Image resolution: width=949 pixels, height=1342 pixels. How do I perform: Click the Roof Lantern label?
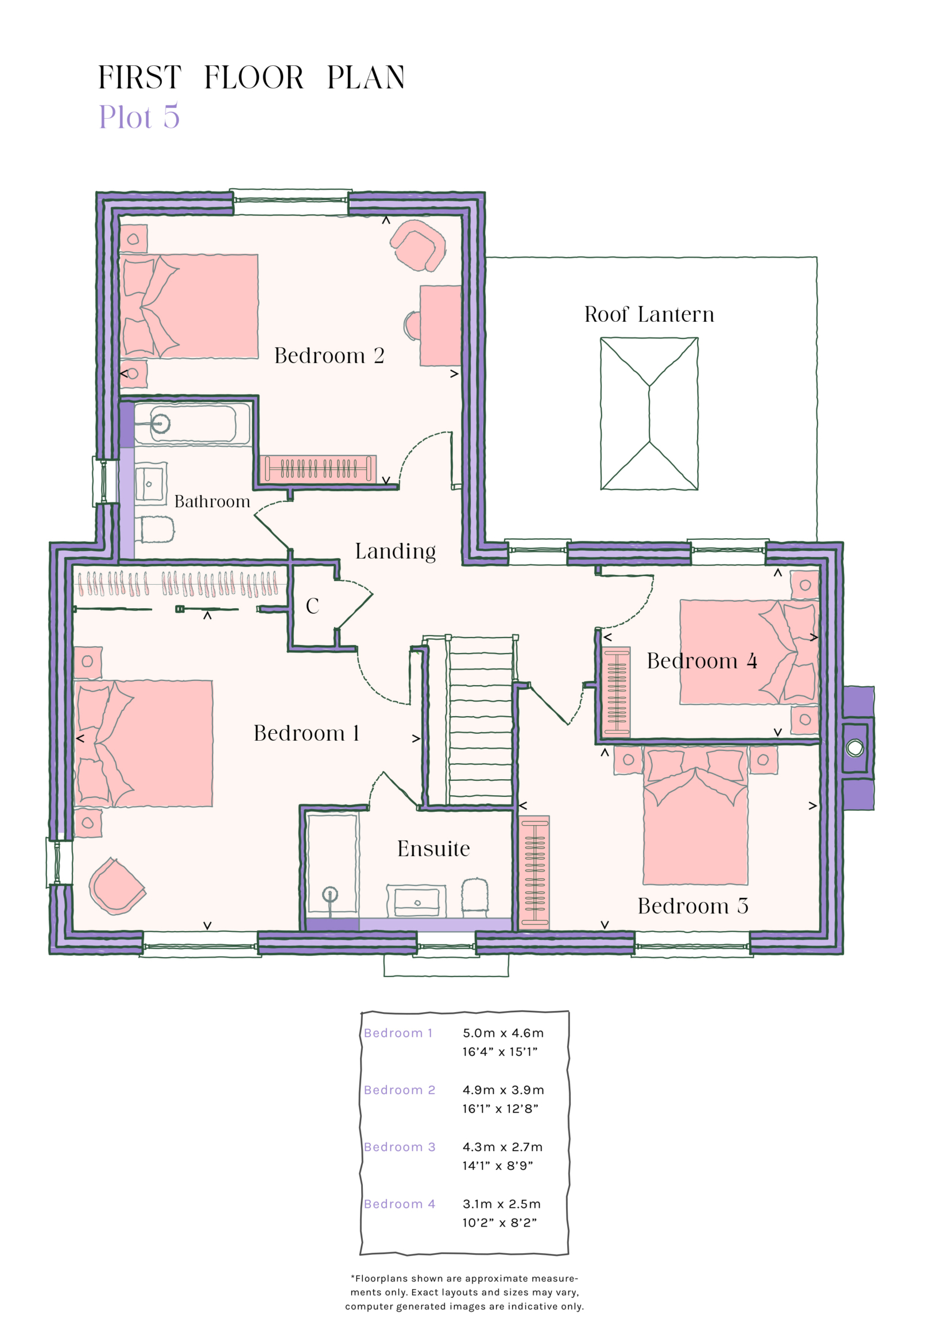pyautogui.click(x=649, y=315)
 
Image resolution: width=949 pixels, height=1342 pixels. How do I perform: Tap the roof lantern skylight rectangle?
pyautogui.click(x=649, y=413)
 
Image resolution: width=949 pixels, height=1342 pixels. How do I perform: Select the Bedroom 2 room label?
pyautogui.click(x=329, y=356)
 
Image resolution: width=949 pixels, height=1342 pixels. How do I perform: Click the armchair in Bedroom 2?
pyautogui.click(x=417, y=245)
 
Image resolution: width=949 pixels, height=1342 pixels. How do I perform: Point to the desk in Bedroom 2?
pyautogui.click(x=440, y=325)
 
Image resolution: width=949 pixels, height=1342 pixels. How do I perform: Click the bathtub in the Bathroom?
pyautogui.click(x=192, y=424)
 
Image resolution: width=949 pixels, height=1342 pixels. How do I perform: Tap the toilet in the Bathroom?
pyautogui.click(x=155, y=530)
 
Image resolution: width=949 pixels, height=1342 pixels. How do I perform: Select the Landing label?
pyautogui.click(x=395, y=551)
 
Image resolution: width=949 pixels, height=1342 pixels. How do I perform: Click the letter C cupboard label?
pyautogui.click(x=312, y=606)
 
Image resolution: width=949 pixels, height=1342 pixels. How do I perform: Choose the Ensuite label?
pyautogui.click(x=433, y=849)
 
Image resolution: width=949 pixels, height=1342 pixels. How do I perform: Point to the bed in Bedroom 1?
pyautogui.click(x=144, y=744)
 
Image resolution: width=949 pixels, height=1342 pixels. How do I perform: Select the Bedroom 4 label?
pyautogui.click(x=702, y=661)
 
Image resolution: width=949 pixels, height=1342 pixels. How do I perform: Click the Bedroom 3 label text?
pyautogui.click(x=693, y=906)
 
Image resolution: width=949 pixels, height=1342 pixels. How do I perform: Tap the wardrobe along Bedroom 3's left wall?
pyautogui.click(x=534, y=872)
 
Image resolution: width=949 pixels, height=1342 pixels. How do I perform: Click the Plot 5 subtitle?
pyautogui.click(x=139, y=117)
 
